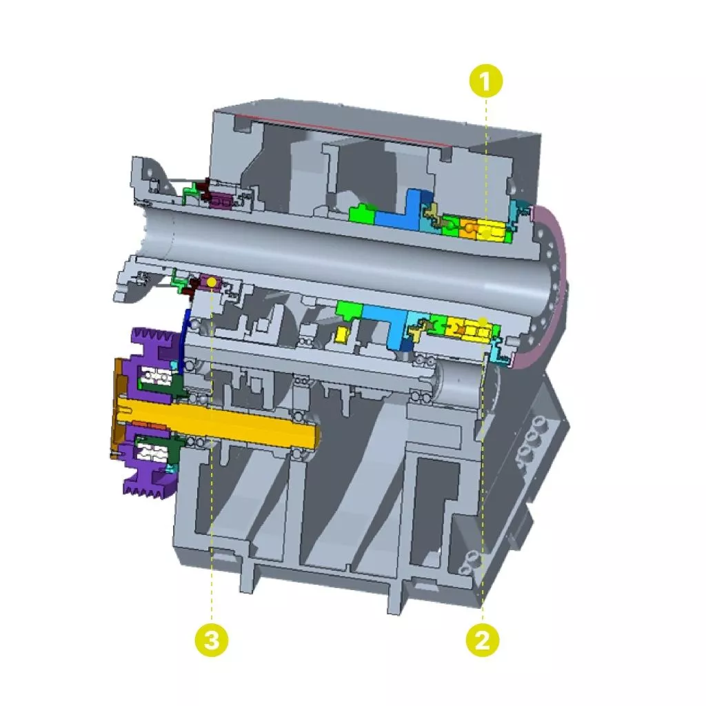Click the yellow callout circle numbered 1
coord(485,81)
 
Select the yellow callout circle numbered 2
coord(482,640)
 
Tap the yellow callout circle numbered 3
coord(211,640)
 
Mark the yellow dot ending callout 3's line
coord(211,283)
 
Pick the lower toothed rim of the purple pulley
coord(151,484)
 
